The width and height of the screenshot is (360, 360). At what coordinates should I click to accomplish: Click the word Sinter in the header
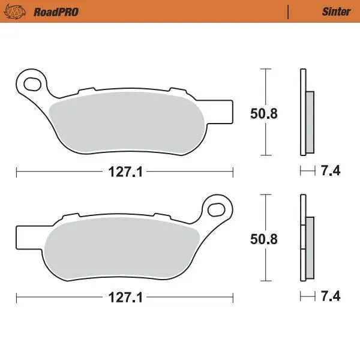click(x=336, y=11)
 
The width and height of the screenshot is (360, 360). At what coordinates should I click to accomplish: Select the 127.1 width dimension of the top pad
click(x=125, y=172)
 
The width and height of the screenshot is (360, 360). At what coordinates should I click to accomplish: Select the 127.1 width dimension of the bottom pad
click(x=125, y=298)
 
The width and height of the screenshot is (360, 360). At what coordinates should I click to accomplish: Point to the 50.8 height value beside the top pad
click(x=263, y=113)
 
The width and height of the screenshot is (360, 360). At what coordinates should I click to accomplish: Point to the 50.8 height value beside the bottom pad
click(x=263, y=239)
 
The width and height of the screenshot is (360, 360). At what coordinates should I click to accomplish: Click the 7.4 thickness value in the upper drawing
click(x=331, y=172)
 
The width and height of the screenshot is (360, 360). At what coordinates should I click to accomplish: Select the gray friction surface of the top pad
click(x=126, y=120)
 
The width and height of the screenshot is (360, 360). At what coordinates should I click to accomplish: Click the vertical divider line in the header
click(x=289, y=11)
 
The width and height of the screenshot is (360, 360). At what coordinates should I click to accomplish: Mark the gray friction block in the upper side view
click(x=310, y=121)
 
